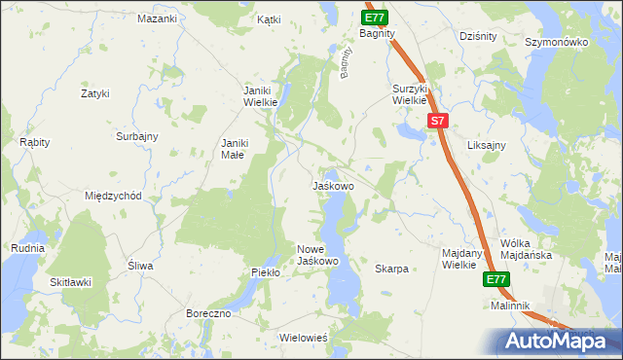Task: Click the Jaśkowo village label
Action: click(332, 185)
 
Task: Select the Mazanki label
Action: click(157, 18)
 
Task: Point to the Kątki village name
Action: click(269, 18)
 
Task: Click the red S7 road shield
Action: click(438, 122)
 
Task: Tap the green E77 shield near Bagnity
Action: click(376, 18)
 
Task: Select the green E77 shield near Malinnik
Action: click(496, 280)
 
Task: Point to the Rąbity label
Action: click(35, 142)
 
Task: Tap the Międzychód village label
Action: click(114, 196)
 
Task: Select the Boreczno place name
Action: click(207, 313)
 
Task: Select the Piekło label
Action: click(265, 272)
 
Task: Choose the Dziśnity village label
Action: click(478, 36)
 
